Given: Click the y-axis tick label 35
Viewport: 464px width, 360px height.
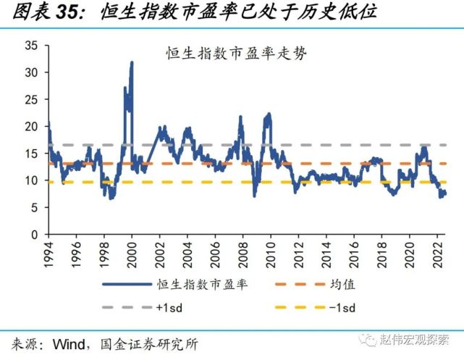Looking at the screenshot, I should pyautogui.click(x=31, y=45).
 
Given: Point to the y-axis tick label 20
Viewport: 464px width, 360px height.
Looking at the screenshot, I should pyautogui.click(x=31, y=126).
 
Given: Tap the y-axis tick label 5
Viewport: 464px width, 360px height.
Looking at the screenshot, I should pyautogui.click(x=34, y=208).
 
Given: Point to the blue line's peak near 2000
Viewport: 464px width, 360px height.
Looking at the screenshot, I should pyautogui.click(x=132, y=63).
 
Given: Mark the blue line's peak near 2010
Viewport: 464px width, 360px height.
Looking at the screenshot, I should pyautogui.click(x=269, y=114).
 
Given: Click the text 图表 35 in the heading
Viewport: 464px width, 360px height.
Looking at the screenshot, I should pyautogui.click(x=40, y=12).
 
